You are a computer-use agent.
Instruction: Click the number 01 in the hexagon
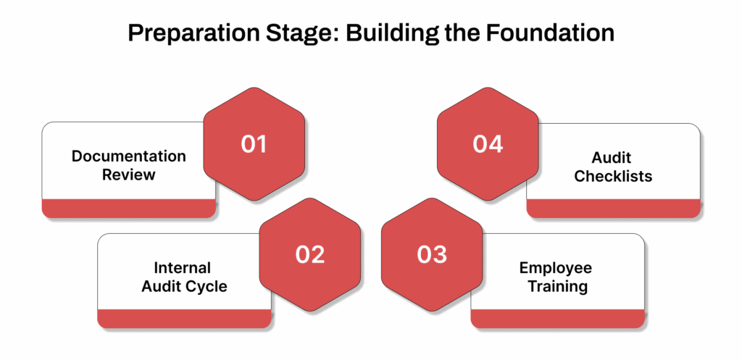(254, 144)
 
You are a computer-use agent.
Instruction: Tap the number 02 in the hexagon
(309, 254)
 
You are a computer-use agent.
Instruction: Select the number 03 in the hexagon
(432, 254)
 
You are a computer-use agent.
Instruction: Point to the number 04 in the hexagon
(488, 144)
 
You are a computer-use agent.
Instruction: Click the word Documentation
(128, 156)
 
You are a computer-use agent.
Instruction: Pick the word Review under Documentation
(128, 175)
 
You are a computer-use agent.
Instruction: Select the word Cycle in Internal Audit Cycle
(208, 286)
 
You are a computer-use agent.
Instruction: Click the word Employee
(555, 268)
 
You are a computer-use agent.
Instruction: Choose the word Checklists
(613, 176)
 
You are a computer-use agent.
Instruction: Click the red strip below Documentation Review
(128, 209)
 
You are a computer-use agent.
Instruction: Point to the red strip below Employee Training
(558, 319)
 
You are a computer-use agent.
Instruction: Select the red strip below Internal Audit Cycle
(184, 319)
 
